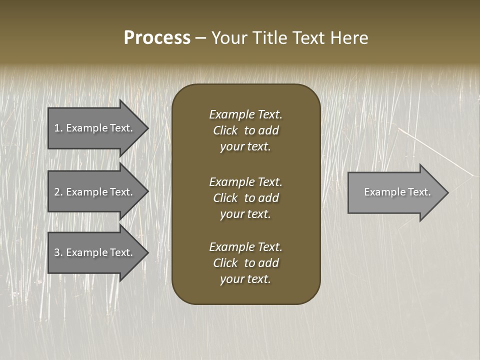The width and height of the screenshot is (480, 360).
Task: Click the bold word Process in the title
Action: coord(157,38)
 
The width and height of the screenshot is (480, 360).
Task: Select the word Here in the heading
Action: coord(349,38)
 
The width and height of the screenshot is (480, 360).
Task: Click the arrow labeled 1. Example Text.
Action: coord(95,128)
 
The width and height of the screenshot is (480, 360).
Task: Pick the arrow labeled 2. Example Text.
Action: coord(95,192)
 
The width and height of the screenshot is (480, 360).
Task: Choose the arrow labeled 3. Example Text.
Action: coord(95,252)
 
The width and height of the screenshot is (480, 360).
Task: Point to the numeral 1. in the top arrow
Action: coord(58,128)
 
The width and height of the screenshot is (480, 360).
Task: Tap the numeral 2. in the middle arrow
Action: coord(58,192)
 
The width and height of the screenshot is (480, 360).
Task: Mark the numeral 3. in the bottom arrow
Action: coord(58,252)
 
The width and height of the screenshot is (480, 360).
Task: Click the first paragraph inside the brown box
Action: coord(245,130)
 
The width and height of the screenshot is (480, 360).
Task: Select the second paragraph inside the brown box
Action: coord(245,198)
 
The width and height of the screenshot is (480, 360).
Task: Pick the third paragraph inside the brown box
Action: coord(245,263)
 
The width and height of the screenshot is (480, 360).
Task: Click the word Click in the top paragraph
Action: coord(225,130)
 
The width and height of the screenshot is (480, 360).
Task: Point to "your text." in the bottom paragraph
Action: coord(245,279)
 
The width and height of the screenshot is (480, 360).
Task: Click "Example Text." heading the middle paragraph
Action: coord(245,182)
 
